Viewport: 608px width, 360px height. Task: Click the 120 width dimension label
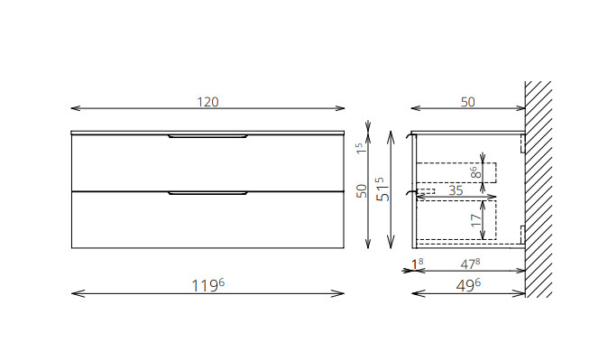(207, 102)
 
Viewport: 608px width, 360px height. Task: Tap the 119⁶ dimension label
(208, 285)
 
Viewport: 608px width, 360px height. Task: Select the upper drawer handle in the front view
(207, 136)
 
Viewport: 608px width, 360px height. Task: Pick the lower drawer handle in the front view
(207, 193)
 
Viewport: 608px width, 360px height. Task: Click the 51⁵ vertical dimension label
(383, 189)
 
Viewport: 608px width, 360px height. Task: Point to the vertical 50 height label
(362, 191)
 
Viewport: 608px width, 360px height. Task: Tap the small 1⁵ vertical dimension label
(360, 148)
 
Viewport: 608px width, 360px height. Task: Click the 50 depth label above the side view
(467, 102)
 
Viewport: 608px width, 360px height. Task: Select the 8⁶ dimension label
(475, 172)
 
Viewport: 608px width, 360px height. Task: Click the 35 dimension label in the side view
(456, 190)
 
